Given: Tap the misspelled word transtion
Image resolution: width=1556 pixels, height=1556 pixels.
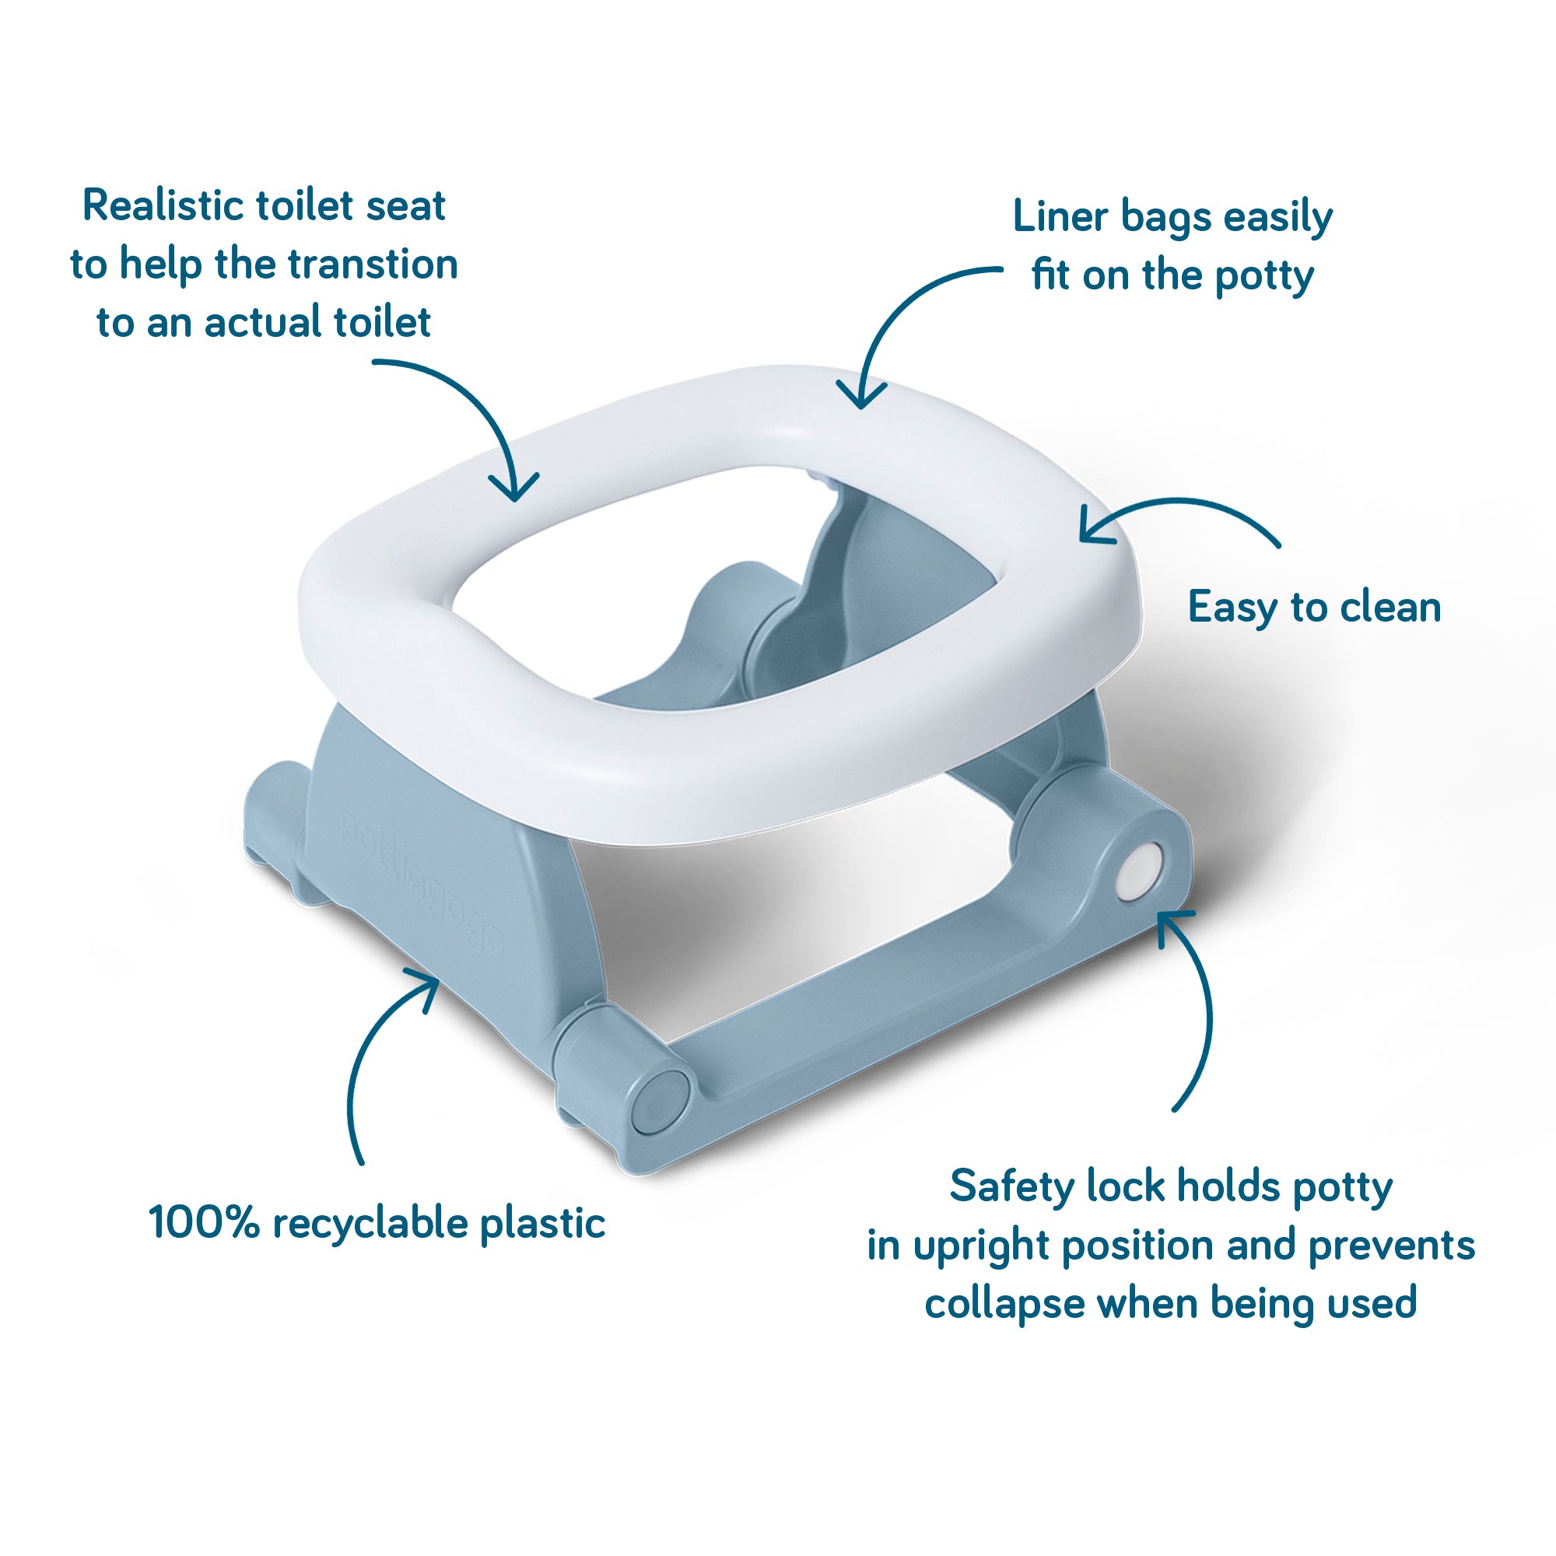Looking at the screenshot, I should point(373,265).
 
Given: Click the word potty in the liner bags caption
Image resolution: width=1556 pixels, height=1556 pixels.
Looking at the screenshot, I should point(1263,276).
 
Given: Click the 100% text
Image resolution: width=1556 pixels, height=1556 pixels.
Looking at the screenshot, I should point(204,1221).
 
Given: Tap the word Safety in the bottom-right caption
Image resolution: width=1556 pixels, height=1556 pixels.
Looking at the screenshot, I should point(1011,1186).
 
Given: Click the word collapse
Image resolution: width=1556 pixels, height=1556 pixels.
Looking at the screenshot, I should point(1004,1304).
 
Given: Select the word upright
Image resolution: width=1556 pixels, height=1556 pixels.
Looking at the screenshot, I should point(981,1246).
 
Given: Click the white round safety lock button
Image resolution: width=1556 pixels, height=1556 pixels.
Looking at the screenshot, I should point(1138,871).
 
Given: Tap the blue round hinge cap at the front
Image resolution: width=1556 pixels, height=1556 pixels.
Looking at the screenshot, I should point(657,1101).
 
